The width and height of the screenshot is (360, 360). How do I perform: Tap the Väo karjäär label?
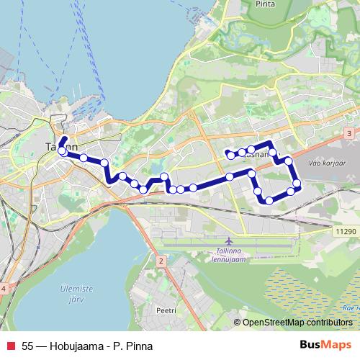(x=323, y=163)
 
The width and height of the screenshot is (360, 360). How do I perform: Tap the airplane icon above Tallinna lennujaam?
(x=229, y=240)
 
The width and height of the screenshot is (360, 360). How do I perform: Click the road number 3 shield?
(x=348, y=134)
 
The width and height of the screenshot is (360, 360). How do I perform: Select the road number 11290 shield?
(x=346, y=230)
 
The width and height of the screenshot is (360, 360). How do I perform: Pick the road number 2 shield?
(x=161, y=259)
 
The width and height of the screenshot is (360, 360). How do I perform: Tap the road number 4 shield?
(x=4, y=288)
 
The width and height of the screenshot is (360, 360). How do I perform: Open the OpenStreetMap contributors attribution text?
(x=297, y=323)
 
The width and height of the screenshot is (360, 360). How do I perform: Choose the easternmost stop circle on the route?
(x=296, y=184)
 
